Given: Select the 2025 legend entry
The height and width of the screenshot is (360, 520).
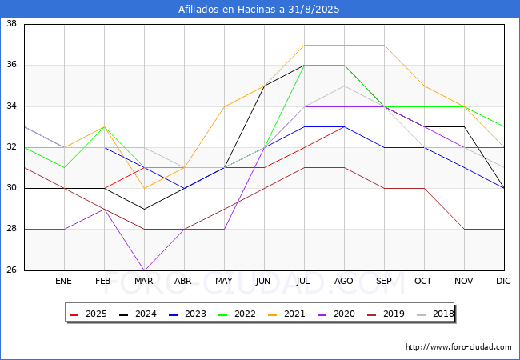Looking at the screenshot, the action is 88,314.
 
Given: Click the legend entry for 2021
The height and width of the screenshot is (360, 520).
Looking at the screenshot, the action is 286,314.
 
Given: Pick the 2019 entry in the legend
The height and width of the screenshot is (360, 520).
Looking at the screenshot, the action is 386,314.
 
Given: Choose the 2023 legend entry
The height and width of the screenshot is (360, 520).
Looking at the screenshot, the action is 187,314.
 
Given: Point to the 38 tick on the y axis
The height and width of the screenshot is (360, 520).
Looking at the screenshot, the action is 12,23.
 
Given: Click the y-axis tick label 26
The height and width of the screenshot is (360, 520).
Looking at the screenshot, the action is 12,270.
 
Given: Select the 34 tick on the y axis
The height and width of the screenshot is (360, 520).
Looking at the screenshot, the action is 12,106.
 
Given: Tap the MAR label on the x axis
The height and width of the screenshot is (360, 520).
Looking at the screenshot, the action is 143,281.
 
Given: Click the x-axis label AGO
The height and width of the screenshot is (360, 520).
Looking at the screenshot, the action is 343,281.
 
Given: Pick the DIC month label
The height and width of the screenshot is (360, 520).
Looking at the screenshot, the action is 503,281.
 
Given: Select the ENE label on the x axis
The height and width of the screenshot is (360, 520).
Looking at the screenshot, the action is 63,281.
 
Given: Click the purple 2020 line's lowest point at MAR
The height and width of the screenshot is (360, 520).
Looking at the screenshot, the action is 144,270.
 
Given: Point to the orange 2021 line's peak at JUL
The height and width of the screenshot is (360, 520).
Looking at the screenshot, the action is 305,45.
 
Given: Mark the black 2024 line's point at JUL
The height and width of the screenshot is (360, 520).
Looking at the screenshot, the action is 305,66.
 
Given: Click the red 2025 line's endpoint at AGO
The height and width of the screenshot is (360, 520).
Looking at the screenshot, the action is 345,127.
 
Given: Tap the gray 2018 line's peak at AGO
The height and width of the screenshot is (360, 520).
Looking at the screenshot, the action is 345,86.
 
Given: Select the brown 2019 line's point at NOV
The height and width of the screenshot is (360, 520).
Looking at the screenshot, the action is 464,229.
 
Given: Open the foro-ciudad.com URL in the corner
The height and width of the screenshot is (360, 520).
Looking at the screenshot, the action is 458,347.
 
